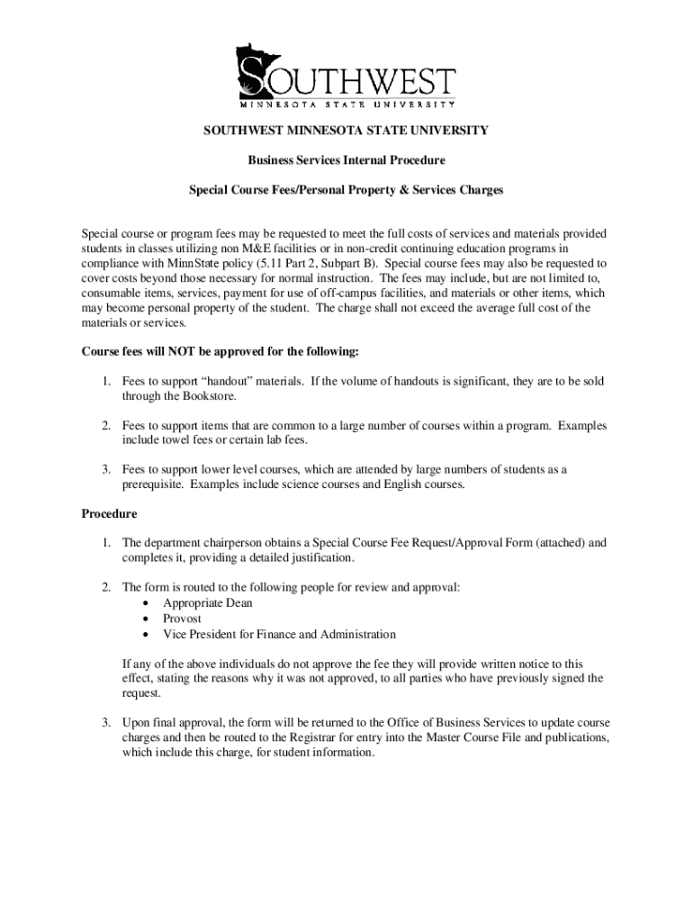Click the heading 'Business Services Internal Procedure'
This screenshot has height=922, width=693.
pyautogui.click(x=346, y=160)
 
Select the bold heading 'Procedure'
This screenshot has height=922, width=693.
pyautogui.click(x=109, y=514)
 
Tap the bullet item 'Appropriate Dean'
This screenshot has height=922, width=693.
pyautogui.click(x=207, y=603)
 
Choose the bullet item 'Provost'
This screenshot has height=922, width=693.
pyautogui.click(x=182, y=619)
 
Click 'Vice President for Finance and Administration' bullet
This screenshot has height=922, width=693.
pyautogui.click(x=279, y=634)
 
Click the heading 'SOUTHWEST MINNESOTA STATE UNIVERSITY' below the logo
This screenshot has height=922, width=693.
pyautogui.click(x=346, y=131)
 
